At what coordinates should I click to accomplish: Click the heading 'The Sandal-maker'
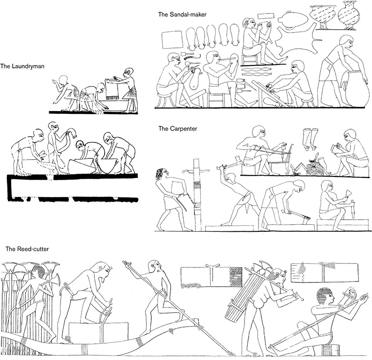coord(182,14)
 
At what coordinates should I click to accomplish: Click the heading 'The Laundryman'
coord(22,66)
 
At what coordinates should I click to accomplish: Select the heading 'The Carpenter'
coord(178,129)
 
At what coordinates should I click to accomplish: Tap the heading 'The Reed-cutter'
coord(27,249)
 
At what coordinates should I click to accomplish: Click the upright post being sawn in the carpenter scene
coord(197,194)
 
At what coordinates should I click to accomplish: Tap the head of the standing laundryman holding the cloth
coord(128,73)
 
